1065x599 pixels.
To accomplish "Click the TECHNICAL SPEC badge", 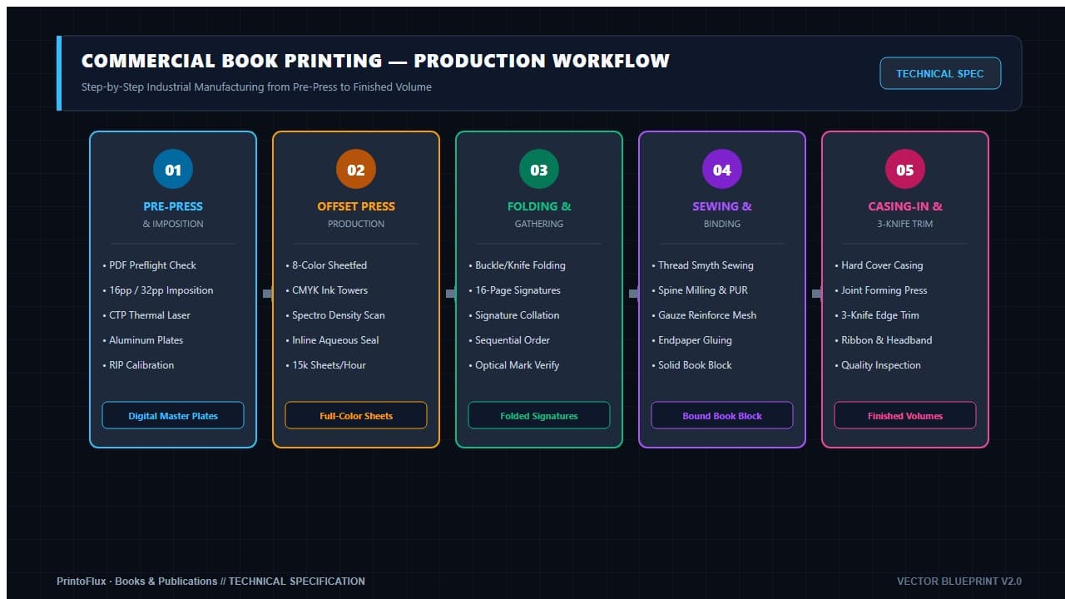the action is pos(940,73).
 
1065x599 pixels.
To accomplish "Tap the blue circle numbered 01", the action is pos(173,169).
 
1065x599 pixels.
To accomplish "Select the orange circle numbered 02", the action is pos(356,169).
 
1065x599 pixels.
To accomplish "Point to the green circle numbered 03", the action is pos(539,169).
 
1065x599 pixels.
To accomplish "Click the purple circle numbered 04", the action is pos(721,169).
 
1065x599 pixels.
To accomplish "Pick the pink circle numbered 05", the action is pos(904,169).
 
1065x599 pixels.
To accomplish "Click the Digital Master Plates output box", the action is pos(173,415).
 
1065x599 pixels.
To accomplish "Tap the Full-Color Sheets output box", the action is pos(356,415).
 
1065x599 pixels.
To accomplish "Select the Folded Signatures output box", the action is pos(539,415).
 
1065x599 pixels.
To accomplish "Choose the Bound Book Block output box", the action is pos(721,415).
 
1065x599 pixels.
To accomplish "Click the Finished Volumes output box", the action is pos(904,415).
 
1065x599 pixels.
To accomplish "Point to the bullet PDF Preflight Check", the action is pos(149,265).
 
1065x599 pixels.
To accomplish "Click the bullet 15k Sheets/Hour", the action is pos(325,365).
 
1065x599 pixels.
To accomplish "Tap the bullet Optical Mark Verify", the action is pos(514,365).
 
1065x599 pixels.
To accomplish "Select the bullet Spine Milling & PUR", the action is pos(700,290).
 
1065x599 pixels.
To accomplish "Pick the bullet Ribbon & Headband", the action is pos(884,340).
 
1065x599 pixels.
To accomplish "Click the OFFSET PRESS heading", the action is pos(356,206).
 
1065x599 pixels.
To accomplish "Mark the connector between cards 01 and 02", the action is pos(268,294).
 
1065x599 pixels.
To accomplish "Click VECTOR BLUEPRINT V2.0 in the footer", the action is pos(959,581).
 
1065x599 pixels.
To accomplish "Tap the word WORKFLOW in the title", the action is pos(611,61).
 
